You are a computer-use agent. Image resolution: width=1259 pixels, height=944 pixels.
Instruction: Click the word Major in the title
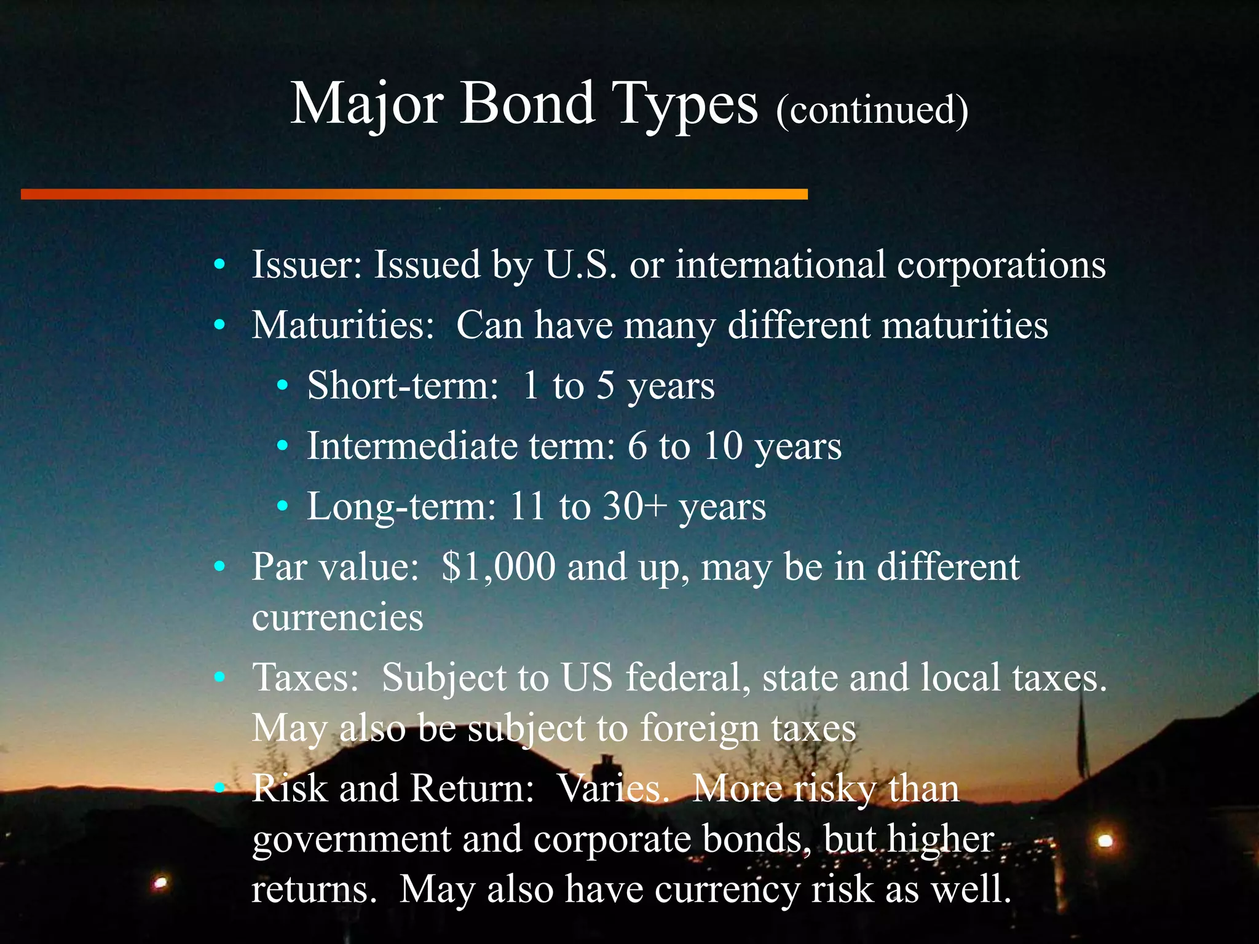pos(366,104)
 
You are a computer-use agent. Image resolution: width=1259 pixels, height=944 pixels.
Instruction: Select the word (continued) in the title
pos(872,111)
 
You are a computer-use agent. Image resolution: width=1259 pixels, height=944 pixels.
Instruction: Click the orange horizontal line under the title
pos(414,194)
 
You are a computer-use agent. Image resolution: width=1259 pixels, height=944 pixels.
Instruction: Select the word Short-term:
pos(403,385)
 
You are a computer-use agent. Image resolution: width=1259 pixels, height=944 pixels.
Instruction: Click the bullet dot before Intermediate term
pos(282,446)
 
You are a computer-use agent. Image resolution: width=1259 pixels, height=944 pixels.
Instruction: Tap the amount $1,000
pos(499,567)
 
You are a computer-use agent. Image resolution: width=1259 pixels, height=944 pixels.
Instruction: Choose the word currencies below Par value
pos(337,617)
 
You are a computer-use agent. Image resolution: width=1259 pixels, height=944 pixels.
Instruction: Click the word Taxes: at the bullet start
pos(306,677)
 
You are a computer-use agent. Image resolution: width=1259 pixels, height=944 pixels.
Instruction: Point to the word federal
pos(688,677)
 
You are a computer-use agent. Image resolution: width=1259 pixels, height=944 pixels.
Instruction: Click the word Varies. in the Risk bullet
pos(612,788)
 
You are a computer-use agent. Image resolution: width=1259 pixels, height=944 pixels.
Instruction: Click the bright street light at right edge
pos(1105,840)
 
